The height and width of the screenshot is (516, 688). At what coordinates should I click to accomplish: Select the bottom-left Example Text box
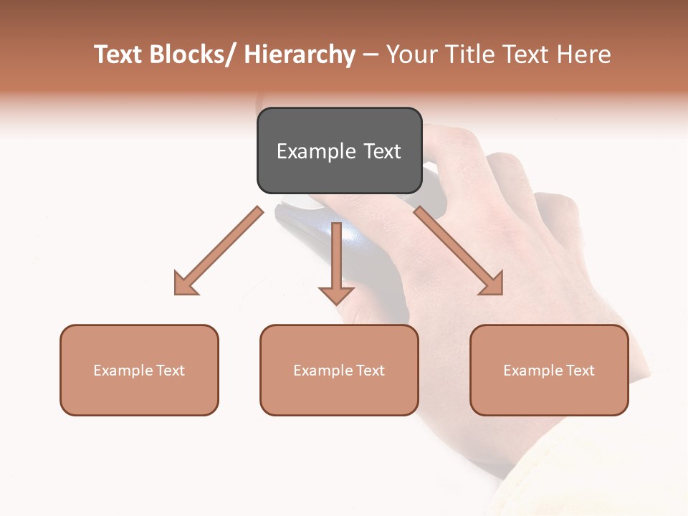pos(139,370)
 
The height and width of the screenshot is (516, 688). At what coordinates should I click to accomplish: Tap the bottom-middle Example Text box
pos(339,370)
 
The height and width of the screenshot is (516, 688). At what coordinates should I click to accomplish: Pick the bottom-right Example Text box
pos(549,370)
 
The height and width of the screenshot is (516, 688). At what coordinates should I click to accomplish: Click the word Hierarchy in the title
pos(300,55)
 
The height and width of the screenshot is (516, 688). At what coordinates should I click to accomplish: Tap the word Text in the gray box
pos(381,151)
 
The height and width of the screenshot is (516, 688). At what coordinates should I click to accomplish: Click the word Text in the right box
pos(580,371)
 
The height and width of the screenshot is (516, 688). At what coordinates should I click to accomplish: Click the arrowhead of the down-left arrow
pos(185,284)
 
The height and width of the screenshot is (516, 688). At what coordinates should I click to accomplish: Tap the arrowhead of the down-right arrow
pos(492,284)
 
